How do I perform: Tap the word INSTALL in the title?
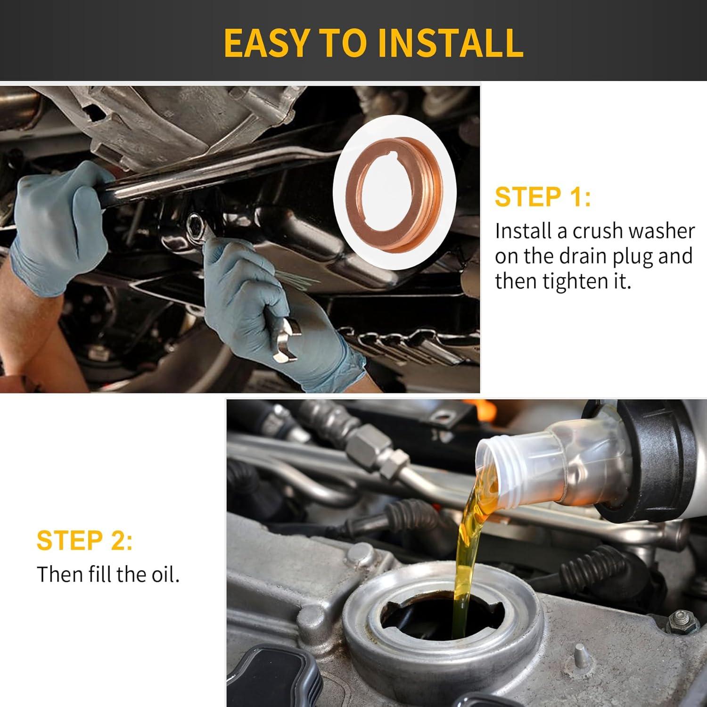(x=450, y=42)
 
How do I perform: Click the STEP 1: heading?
(x=543, y=197)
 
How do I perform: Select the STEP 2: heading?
(x=84, y=540)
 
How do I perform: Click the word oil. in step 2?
(x=165, y=574)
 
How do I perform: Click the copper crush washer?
(x=395, y=192)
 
